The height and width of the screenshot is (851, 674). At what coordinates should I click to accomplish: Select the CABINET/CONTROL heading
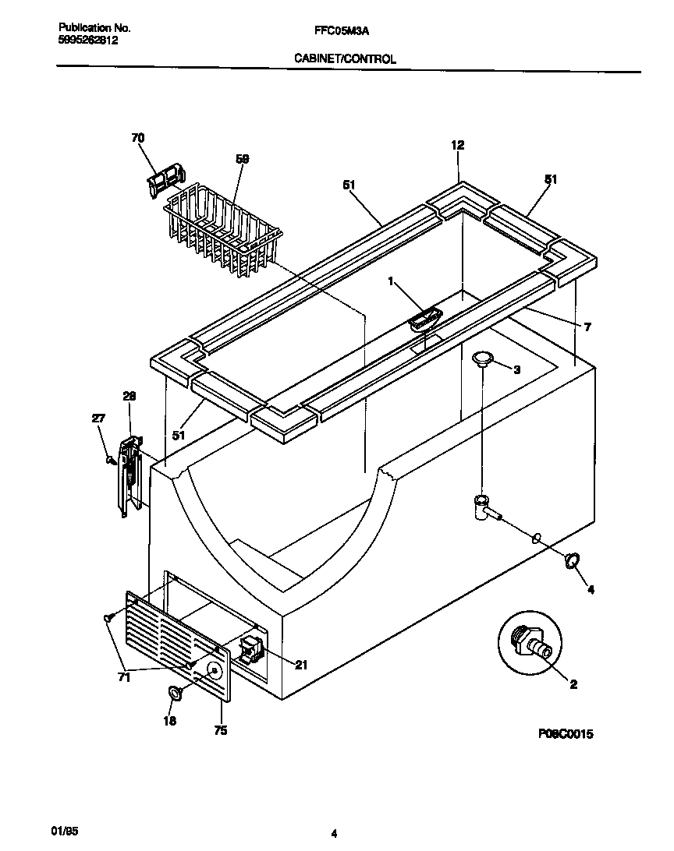pyautogui.click(x=344, y=58)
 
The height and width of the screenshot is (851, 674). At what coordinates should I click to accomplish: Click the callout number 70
pyautogui.click(x=137, y=139)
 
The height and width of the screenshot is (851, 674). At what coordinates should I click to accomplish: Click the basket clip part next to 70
pyautogui.click(x=165, y=179)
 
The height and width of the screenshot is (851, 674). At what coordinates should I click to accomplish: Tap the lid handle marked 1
pyautogui.click(x=424, y=318)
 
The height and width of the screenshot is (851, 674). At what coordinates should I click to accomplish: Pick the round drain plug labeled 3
pyautogui.click(x=484, y=358)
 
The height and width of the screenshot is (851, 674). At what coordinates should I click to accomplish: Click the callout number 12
pyautogui.click(x=457, y=145)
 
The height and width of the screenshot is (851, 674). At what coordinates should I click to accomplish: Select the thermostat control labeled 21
pyautogui.click(x=252, y=648)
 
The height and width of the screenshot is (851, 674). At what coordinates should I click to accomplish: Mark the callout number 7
pyautogui.click(x=587, y=327)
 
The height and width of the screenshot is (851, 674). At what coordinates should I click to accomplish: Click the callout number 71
pyautogui.click(x=125, y=678)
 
